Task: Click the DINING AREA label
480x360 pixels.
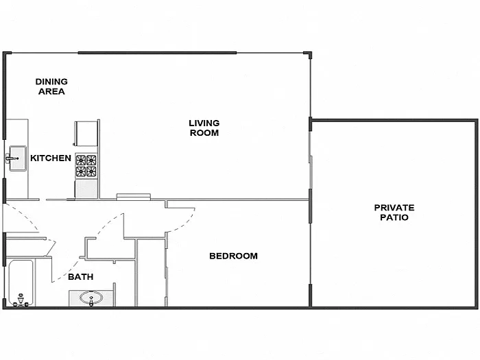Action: point(51,86)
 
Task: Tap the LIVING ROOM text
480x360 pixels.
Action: point(204,128)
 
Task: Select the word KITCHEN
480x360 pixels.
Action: point(51,158)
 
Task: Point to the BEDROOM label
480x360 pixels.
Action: point(233,256)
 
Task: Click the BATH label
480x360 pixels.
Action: point(80,278)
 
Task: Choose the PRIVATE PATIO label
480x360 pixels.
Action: point(394,213)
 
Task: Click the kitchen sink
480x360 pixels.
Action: point(15,158)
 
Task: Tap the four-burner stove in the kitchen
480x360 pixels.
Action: point(86,167)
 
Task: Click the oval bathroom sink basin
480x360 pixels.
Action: point(89,298)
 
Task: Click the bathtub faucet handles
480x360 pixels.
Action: point(20,300)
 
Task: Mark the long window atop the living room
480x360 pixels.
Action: point(157,53)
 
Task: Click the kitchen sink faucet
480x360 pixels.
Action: point(10,158)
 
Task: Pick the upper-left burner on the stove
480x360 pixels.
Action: point(81,160)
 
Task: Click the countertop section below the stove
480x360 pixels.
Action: point(86,189)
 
